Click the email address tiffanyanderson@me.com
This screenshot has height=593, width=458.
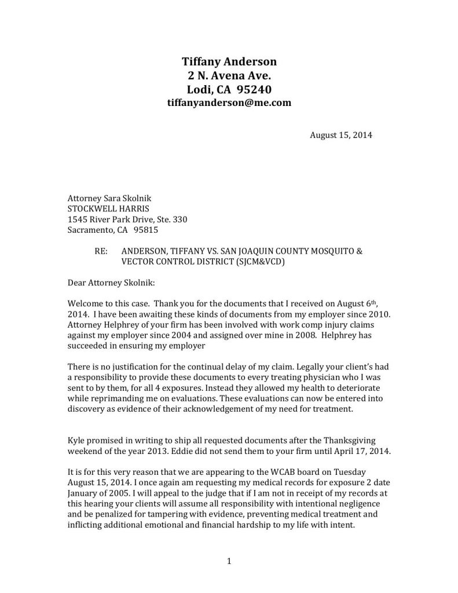click(x=229, y=103)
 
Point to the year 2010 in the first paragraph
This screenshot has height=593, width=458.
click(x=351, y=314)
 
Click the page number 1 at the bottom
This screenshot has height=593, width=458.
click(x=229, y=561)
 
